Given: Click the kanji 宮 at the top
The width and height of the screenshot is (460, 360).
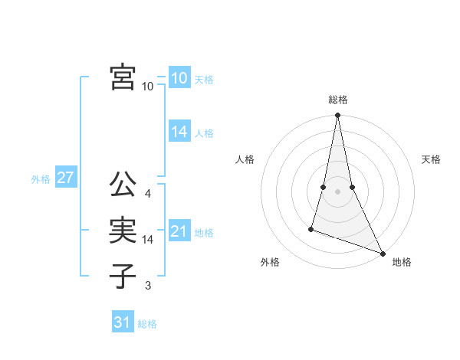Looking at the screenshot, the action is tap(123, 77).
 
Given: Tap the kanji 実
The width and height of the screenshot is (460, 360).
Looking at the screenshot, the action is tap(123, 231).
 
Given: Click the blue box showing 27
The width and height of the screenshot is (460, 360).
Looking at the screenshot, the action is tap(65, 178).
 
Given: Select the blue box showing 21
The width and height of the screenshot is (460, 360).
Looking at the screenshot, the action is tap(179, 231).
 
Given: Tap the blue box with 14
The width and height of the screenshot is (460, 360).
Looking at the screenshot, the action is tap(179, 132).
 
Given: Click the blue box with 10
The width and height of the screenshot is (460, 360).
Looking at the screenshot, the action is tap(179, 77).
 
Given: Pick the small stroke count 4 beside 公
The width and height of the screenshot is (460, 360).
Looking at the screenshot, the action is tap(148, 194).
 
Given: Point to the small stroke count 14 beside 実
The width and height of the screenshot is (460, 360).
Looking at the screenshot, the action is tap(148, 240).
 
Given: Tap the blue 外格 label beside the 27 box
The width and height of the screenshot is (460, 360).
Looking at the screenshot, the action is tap(41, 179).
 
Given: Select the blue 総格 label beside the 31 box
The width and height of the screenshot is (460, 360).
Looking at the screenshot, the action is tap(147, 324).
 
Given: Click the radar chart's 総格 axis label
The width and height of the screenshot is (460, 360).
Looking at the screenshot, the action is tap(338, 100).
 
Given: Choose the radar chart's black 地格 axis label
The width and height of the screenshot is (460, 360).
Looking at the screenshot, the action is tap(402, 262).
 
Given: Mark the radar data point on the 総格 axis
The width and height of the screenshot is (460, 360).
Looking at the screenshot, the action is tap(338, 116).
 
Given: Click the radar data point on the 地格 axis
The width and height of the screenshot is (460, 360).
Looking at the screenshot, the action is tap(383, 254).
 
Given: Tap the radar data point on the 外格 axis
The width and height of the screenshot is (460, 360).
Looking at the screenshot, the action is tap(311, 228).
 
